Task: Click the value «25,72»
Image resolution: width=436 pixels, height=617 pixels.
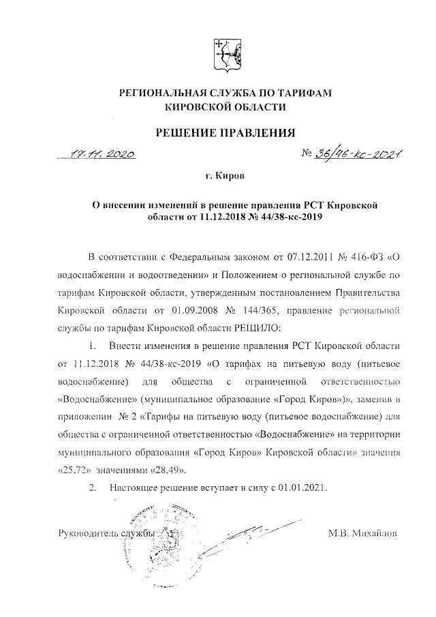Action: pyautogui.click(x=74, y=469)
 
